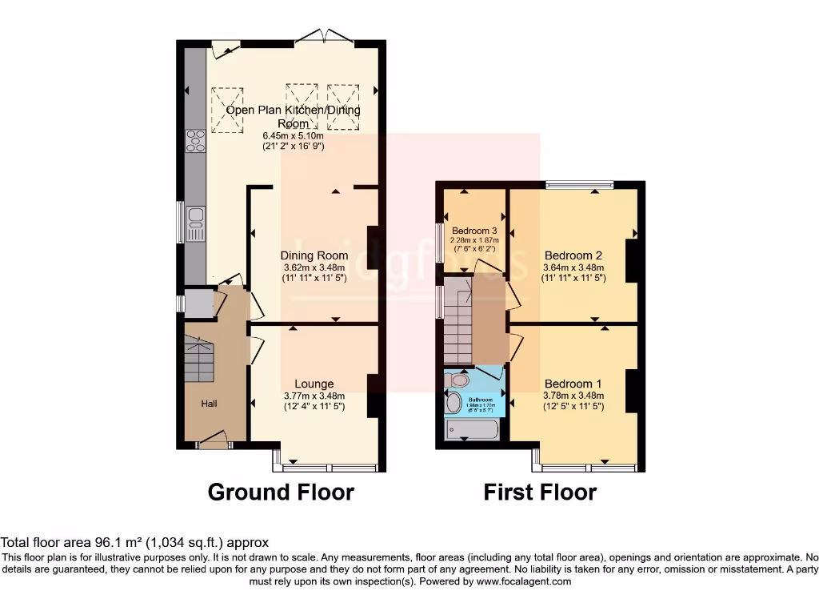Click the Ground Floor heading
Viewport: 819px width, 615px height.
[281, 492]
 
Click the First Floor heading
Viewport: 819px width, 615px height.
[540, 492]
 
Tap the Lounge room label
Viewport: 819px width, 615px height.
[314, 384]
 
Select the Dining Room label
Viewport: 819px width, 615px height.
[314, 255]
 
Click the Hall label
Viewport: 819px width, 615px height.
[209, 404]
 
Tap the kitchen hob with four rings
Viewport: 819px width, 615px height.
[195, 141]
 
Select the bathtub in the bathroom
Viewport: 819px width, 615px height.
[472, 430]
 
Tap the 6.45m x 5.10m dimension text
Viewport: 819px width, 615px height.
[294, 136]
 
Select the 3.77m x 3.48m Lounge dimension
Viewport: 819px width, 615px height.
[314, 396]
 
